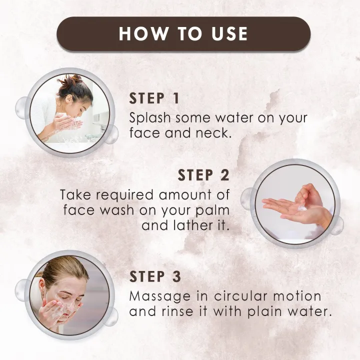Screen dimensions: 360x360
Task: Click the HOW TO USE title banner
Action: [183, 33]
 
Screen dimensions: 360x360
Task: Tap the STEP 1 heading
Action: [154, 98]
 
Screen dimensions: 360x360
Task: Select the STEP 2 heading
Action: [203, 175]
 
